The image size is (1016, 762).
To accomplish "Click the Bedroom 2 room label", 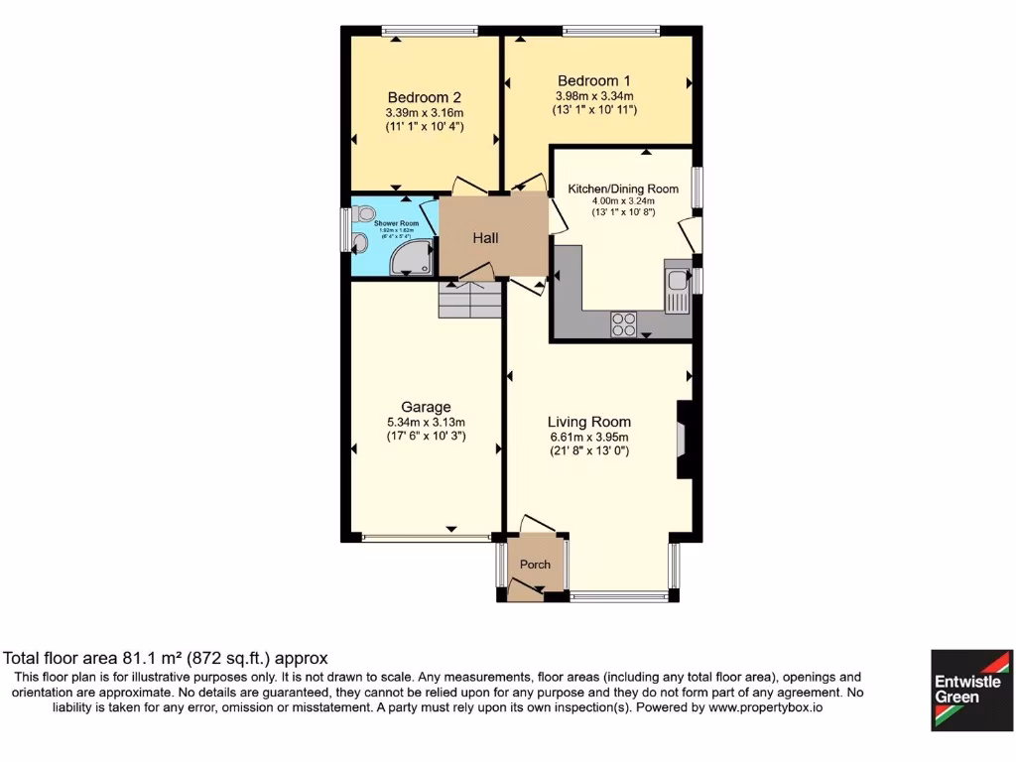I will [424, 97].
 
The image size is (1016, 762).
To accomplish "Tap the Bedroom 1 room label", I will [593, 80].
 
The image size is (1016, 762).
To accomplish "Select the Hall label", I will [485, 238].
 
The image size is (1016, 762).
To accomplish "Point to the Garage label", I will [426, 407].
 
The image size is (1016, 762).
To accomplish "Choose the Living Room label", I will [589, 422].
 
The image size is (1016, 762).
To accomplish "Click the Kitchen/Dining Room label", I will [622, 189].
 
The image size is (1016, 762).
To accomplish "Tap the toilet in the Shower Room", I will [363, 211].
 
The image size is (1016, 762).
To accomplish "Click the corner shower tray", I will [412, 258].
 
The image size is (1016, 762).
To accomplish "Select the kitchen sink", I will [678, 288].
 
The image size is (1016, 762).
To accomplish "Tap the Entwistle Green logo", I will [970, 690].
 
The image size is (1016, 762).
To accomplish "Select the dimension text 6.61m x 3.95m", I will [589, 437].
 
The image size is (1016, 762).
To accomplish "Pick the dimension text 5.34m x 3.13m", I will [426, 422].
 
